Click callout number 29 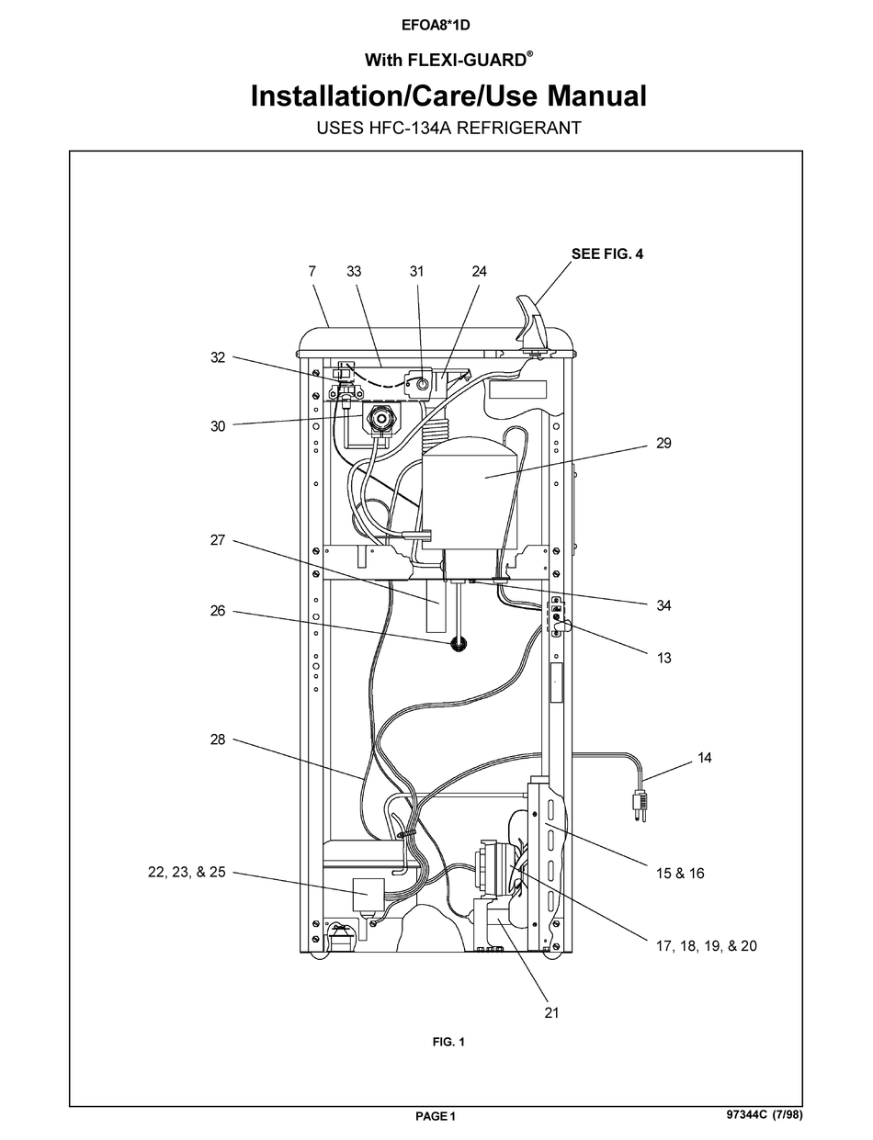point(663,443)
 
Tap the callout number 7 point(312,271)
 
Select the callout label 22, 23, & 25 point(187,872)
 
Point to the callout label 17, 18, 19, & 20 point(706,945)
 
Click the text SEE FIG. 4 point(607,254)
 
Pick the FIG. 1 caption point(448,1042)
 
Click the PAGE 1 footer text point(436,1117)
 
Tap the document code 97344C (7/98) point(770,1116)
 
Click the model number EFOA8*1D point(436,26)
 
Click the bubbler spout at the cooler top point(531,322)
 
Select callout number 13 point(663,658)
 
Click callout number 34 point(663,605)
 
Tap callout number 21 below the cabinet point(550,1012)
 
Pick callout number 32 point(218,357)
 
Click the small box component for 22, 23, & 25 point(368,890)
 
